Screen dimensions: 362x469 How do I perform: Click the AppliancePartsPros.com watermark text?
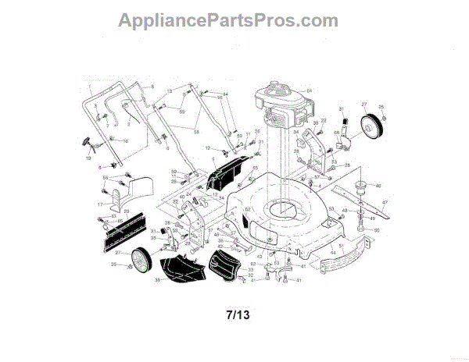tap(227, 21)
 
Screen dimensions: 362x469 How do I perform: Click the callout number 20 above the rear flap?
tap(127, 211)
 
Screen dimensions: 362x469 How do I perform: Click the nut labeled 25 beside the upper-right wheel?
tap(381, 107)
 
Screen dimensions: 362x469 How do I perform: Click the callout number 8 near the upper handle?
tap(152, 85)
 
